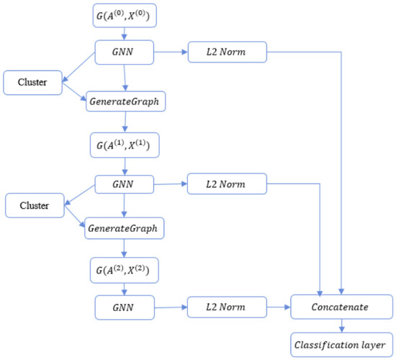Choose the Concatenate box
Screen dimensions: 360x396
(340, 307)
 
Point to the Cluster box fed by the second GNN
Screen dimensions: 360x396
(34, 206)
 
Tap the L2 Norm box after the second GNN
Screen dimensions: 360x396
(227, 184)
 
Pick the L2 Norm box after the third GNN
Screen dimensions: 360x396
(227, 307)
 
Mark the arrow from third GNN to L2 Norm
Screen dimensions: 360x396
(172, 307)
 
